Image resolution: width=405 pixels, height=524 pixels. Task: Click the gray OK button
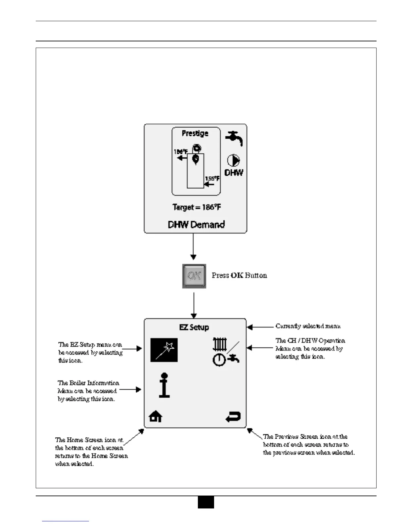pos(194,276)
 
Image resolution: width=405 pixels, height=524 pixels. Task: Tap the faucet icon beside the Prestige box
pos(234,138)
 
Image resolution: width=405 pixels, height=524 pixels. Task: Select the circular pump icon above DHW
pos(233,161)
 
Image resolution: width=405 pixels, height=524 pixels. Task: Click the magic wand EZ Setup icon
pos(164,350)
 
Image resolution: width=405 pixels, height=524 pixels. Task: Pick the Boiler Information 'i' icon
pos(164,385)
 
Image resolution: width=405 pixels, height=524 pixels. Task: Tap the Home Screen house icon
pos(156,416)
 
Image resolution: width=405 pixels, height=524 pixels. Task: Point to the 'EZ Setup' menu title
pos(194,327)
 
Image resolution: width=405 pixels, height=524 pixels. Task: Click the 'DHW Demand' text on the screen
pos(196,225)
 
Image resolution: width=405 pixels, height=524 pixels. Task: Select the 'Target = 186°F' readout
pos(197,207)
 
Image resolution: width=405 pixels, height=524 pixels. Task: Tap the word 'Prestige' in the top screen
pos(195,133)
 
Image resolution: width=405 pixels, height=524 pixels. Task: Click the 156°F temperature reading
pos(212,179)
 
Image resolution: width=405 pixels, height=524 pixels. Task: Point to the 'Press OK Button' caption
pos(239,276)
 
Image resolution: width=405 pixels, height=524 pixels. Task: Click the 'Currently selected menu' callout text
pos(308,326)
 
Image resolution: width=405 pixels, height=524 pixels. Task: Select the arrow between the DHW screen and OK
pos(194,246)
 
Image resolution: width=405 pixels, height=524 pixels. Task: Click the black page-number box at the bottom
pos(206,502)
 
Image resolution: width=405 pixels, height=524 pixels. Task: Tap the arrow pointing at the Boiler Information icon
pos(130,390)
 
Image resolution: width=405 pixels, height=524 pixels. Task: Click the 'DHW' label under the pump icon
pos(234,172)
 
